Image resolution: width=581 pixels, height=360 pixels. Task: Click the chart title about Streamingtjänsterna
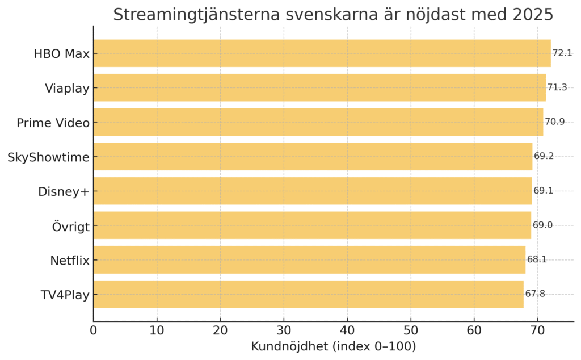click(x=333, y=15)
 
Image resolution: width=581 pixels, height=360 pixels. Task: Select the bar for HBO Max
click(x=322, y=53)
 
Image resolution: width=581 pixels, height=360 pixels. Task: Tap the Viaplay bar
click(x=319, y=87)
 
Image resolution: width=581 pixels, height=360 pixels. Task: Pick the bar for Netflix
click(x=309, y=260)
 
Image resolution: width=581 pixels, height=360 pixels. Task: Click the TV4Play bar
click(x=308, y=294)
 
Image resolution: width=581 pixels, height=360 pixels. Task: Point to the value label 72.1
click(x=562, y=53)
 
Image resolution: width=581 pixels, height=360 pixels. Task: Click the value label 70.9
click(x=555, y=122)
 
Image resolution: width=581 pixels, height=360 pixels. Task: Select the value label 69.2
click(x=544, y=157)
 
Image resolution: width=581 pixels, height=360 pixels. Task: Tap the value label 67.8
click(x=535, y=294)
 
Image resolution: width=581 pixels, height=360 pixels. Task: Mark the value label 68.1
click(x=537, y=260)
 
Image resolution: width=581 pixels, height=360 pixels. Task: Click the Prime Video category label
click(x=53, y=123)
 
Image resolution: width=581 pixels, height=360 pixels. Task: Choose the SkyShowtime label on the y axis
click(x=48, y=157)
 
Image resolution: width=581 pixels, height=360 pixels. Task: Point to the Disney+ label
click(x=64, y=191)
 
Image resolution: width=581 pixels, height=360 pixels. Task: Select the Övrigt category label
click(x=70, y=225)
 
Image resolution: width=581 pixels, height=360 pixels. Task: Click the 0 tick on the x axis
click(x=94, y=329)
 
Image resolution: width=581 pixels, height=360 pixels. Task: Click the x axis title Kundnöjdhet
click(x=333, y=346)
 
